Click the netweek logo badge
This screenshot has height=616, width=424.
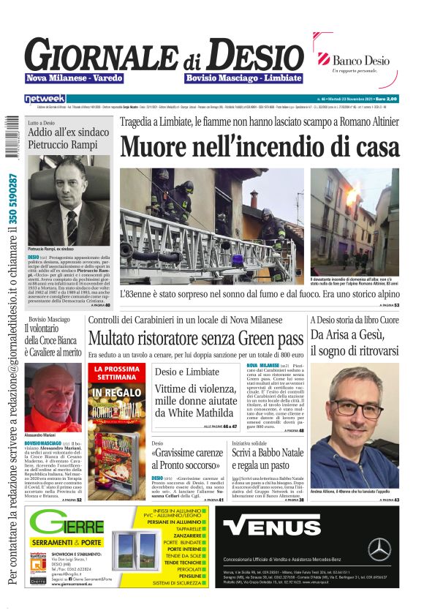[x=45, y=98]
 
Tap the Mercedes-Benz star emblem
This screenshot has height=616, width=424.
[x=379, y=548]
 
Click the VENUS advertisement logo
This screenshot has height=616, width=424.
[x=272, y=526]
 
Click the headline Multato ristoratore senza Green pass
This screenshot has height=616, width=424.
[x=195, y=339]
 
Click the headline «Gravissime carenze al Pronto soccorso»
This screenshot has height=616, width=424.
[x=186, y=459]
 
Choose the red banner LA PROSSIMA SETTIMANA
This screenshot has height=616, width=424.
[x=117, y=374]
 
